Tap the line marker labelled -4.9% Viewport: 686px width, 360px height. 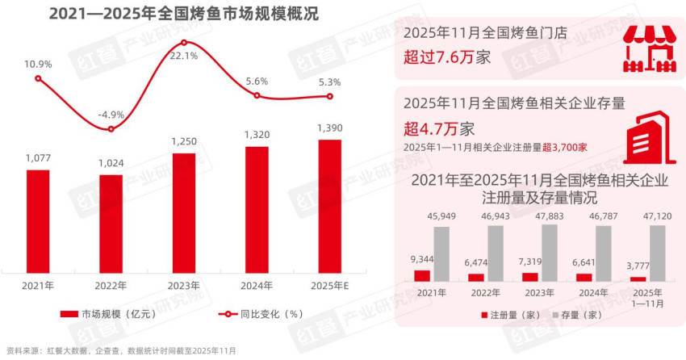click(x=111, y=129)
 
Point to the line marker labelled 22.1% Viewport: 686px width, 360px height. click(x=184, y=42)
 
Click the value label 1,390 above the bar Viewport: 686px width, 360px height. click(x=329, y=129)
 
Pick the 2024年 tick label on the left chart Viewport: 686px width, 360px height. click(x=257, y=284)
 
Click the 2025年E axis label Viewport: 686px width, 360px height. click(x=329, y=284)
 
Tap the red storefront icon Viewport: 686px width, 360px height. click(x=650, y=47)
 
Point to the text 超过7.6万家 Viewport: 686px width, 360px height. click(x=447, y=58)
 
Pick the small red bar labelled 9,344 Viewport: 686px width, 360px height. click(x=422, y=275)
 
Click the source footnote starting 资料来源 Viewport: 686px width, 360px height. click(x=121, y=351)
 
